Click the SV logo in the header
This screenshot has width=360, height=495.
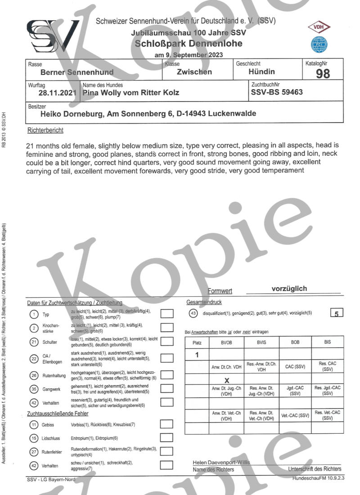pyautogui.click(x=53, y=36)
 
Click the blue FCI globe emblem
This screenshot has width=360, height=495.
pyautogui.click(x=319, y=45)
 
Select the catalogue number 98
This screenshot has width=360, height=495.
pyautogui.click(x=323, y=74)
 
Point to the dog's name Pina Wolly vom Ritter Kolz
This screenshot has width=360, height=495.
pyautogui.click(x=130, y=93)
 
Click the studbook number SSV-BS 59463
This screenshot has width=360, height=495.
pyautogui.click(x=277, y=92)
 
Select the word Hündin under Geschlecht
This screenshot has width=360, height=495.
pyautogui.click(x=261, y=72)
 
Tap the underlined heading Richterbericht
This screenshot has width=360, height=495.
pyautogui.click(x=45, y=131)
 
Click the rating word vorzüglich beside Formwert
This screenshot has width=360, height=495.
pyautogui.click(x=289, y=289)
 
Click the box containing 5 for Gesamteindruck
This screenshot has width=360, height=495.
pyautogui.click(x=337, y=313)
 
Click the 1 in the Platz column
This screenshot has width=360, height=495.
pyautogui.click(x=197, y=354)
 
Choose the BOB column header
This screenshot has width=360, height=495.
pyautogui.click(x=295, y=342)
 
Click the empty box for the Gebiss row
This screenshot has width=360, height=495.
pyautogui.click(x=167, y=424)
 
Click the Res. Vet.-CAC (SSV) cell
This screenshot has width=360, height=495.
pyautogui.click(x=327, y=415)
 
